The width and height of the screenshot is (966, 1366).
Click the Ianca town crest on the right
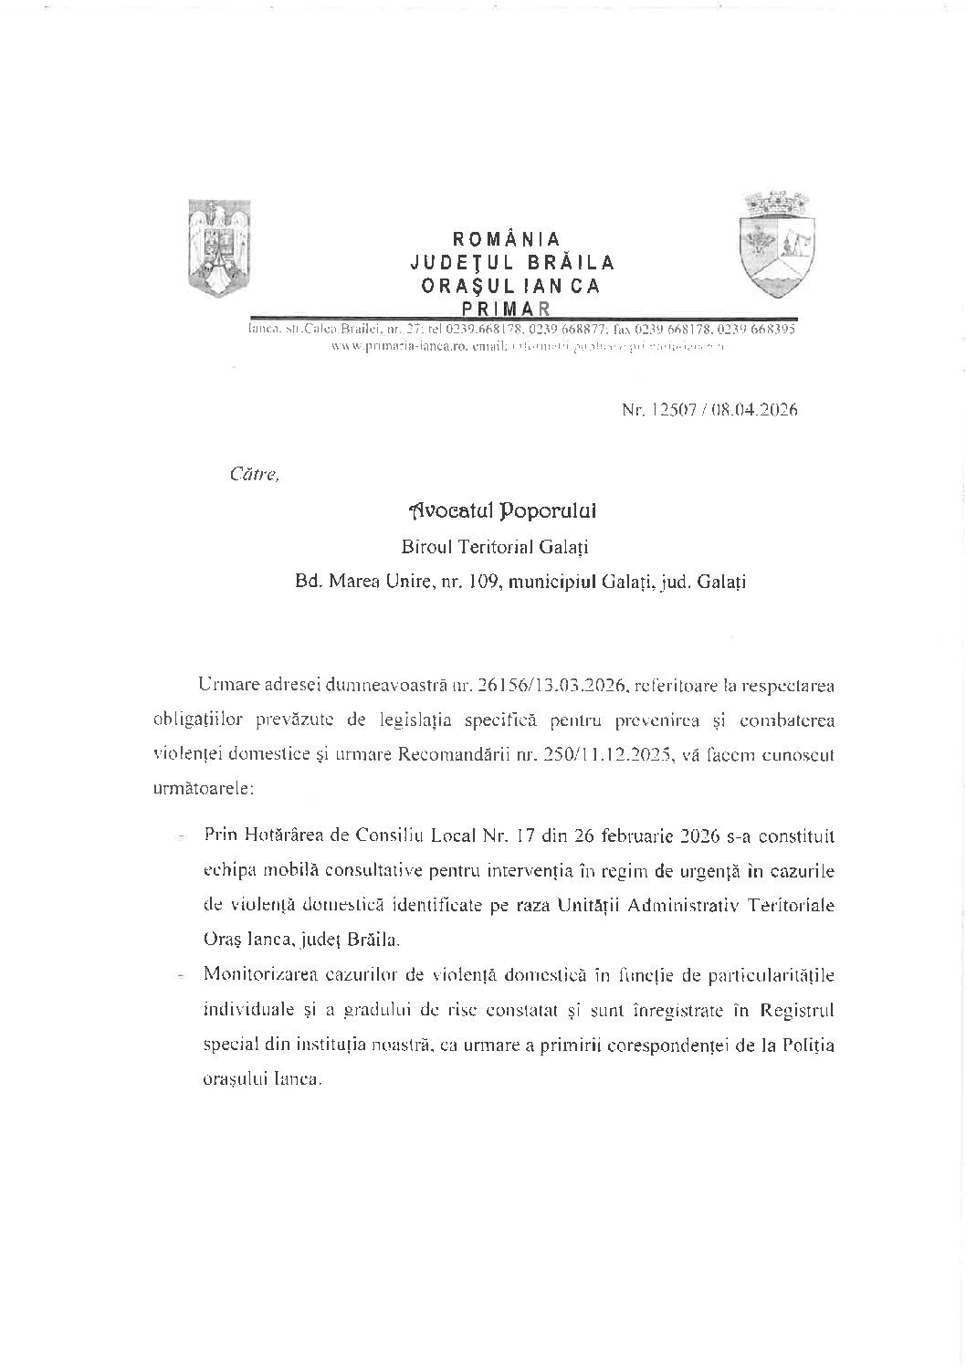(x=776, y=244)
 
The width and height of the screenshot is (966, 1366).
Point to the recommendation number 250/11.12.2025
(x=596, y=754)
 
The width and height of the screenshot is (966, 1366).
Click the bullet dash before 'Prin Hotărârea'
(x=182, y=836)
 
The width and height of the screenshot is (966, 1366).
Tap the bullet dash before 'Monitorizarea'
(x=182, y=977)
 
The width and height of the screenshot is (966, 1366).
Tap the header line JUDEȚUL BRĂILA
(x=512, y=263)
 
